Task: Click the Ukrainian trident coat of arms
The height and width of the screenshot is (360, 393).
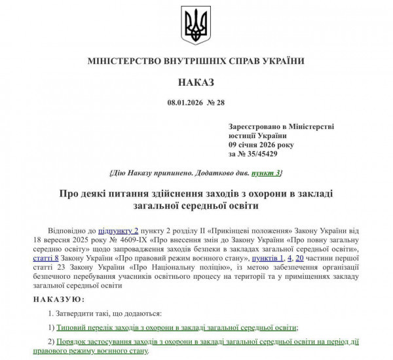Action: pyautogui.click(x=195, y=26)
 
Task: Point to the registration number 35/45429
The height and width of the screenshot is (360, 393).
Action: pyautogui.click(x=261, y=154)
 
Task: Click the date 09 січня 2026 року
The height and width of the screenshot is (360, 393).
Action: pyautogui.click(x=261, y=145)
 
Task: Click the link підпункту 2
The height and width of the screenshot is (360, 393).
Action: pyautogui.click(x=119, y=231)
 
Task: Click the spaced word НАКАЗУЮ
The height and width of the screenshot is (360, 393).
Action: pyautogui.click(x=58, y=299)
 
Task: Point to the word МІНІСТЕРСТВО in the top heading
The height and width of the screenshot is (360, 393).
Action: pyautogui.click(x=124, y=61)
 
